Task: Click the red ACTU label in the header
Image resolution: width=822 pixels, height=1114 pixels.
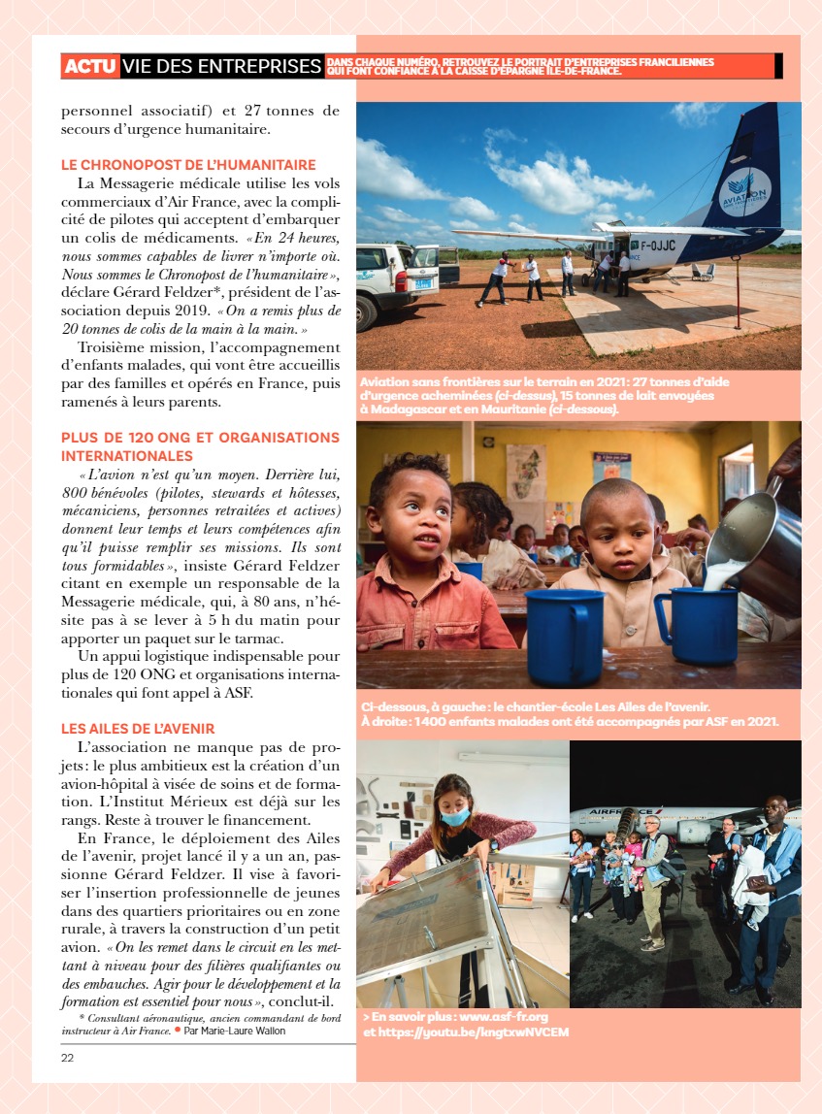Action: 90,67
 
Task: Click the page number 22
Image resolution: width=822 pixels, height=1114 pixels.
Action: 67,1058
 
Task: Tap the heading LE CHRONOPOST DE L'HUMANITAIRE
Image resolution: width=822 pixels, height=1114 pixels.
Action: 188,166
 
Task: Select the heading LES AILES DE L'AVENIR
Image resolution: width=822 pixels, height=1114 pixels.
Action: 138,729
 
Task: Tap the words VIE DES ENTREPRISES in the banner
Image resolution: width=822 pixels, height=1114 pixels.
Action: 222,67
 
